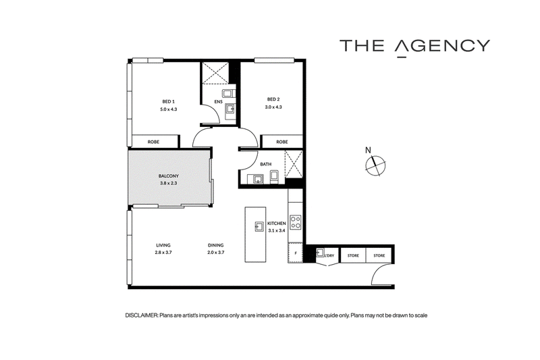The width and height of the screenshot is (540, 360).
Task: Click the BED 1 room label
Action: point(168,101)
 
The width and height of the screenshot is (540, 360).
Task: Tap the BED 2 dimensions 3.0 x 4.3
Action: point(273,107)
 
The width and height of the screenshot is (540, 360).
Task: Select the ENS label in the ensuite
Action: point(218,101)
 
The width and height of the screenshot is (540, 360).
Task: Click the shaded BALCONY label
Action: point(168,176)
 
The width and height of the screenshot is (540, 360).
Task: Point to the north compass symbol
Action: point(375,165)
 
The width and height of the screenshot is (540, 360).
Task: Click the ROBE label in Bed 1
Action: point(153,142)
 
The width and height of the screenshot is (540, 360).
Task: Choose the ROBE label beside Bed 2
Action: point(281,142)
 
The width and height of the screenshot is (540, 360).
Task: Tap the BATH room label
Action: point(265,164)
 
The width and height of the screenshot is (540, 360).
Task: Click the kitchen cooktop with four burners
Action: point(296,222)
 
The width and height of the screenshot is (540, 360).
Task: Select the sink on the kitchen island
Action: point(259,227)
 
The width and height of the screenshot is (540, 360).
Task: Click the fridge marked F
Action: point(295,253)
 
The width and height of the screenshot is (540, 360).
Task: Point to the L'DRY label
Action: point(329,255)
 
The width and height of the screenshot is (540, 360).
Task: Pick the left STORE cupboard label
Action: point(353,255)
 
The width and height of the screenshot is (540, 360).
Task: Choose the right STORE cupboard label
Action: point(379,255)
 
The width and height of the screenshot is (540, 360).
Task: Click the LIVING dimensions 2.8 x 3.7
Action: point(163,253)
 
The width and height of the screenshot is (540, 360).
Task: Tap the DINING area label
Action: point(215,245)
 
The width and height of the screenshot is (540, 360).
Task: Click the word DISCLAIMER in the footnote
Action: point(142,315)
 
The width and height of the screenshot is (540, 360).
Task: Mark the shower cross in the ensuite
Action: point(215,73)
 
